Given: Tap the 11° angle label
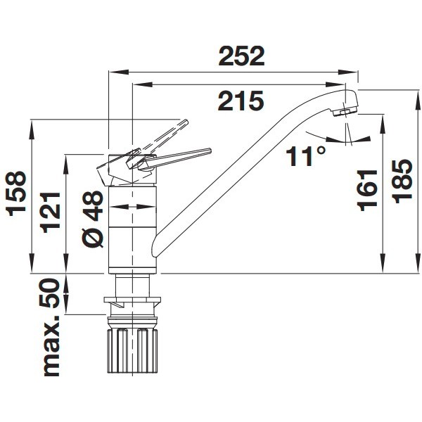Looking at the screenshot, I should tap(307, 155).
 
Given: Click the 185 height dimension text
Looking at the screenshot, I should tap(403, 180).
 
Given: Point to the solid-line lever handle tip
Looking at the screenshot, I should tap(209, 150).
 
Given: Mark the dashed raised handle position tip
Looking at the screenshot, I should tap(186, 122).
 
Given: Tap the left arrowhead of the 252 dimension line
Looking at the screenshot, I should tap(113, 71).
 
